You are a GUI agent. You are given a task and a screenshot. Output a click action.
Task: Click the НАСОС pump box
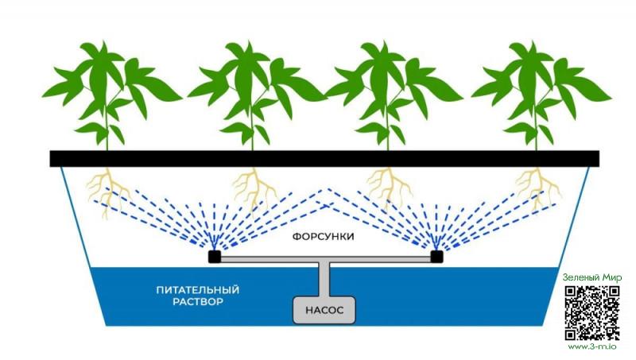pyautogui.click(x=324, y=311)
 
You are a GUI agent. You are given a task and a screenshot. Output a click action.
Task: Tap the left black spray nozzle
pyautogui.click(x=214, y=257)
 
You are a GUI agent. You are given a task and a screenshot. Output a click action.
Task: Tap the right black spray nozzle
pyautogui.click(x=436, y=256)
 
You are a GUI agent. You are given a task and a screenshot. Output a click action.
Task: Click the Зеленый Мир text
pyautogui.click(x=591, y=277)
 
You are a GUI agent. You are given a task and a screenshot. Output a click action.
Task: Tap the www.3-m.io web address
pyautogui.click(x=591, y=346)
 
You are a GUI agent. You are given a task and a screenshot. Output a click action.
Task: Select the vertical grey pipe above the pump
pyautogui.click(x=324, y=279)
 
